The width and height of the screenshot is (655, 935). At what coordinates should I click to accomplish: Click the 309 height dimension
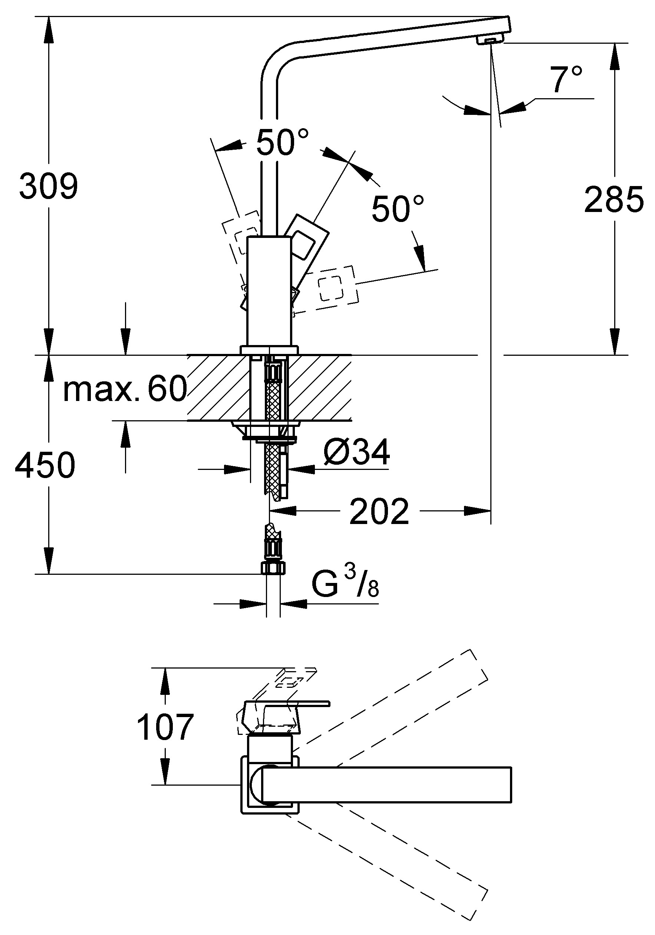(x=49, y=186)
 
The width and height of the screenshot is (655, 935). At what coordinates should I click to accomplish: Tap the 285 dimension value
(x=613, y=199)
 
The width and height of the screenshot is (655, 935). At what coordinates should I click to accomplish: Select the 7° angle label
(x=566, y=79)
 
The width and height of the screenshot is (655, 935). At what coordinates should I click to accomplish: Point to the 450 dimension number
(x=45, y=465)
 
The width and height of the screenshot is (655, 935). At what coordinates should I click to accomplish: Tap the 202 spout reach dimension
(x=379, y=512)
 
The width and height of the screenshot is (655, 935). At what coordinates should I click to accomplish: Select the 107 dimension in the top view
(x=165, y=727)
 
